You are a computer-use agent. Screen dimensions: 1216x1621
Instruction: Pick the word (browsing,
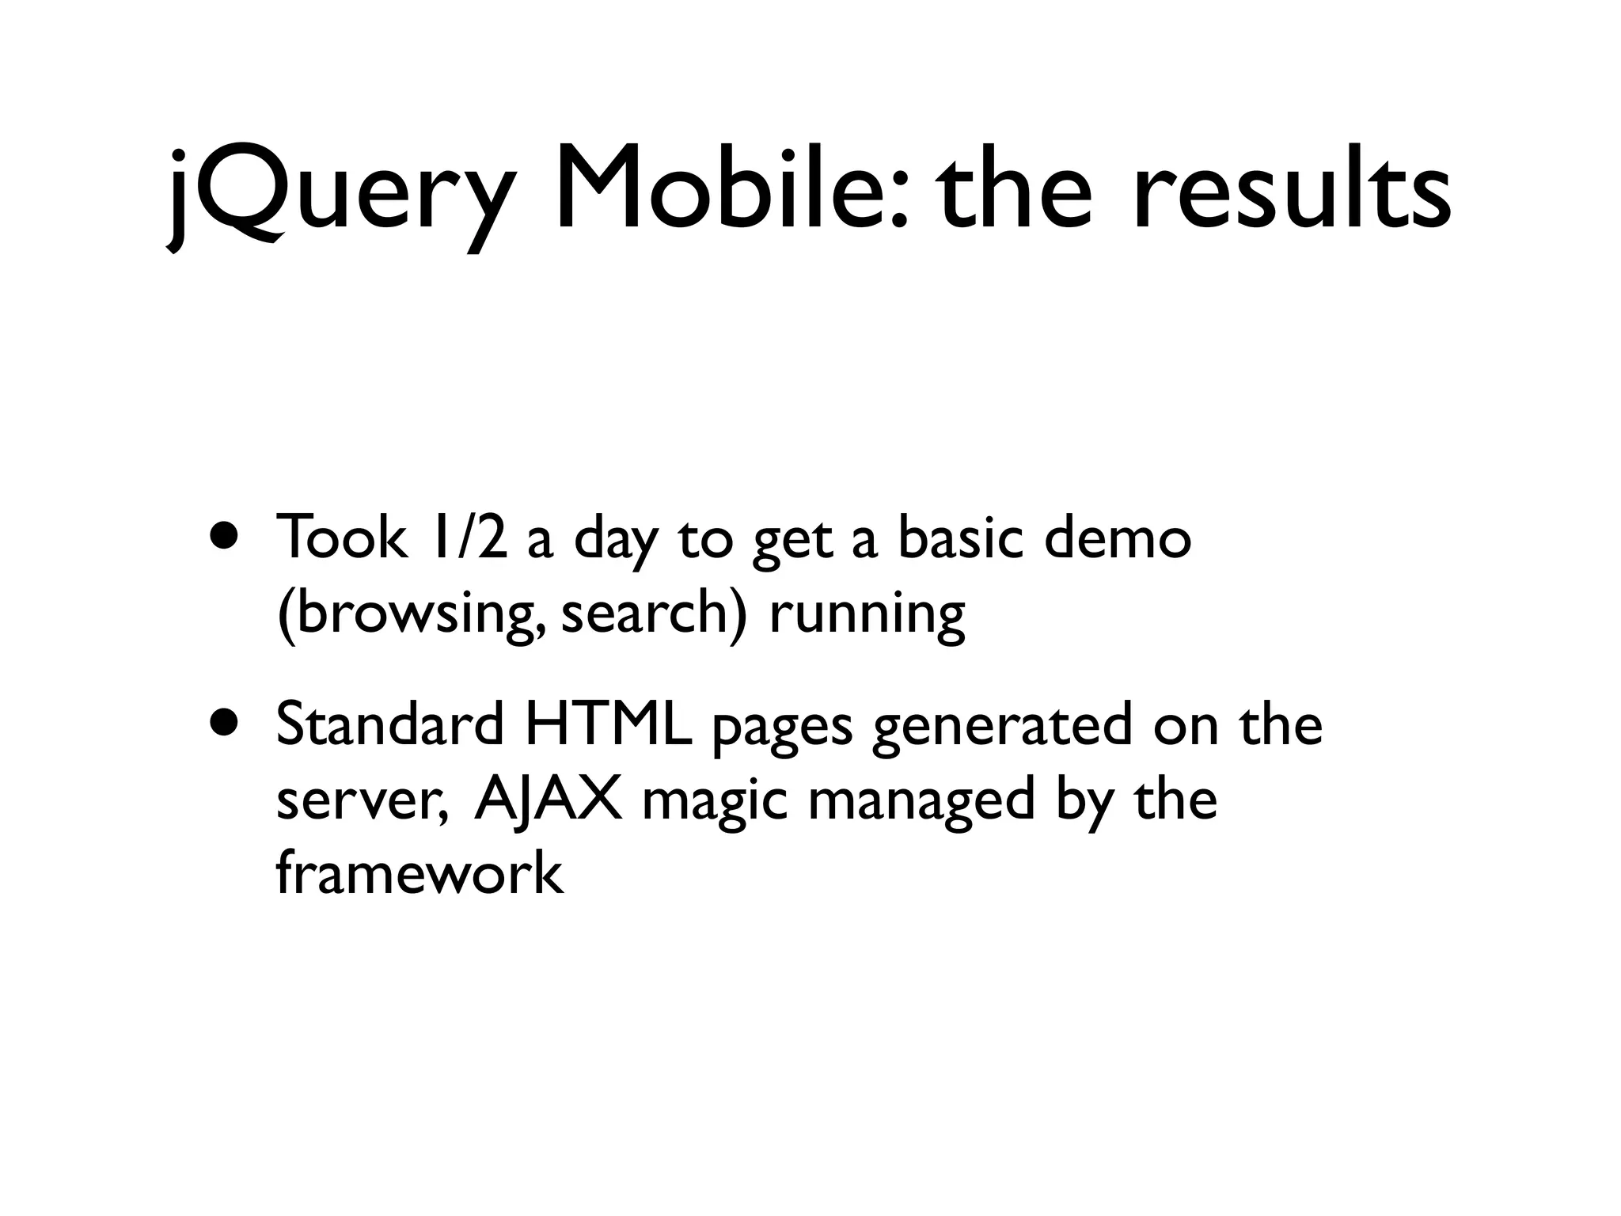[411, 614]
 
